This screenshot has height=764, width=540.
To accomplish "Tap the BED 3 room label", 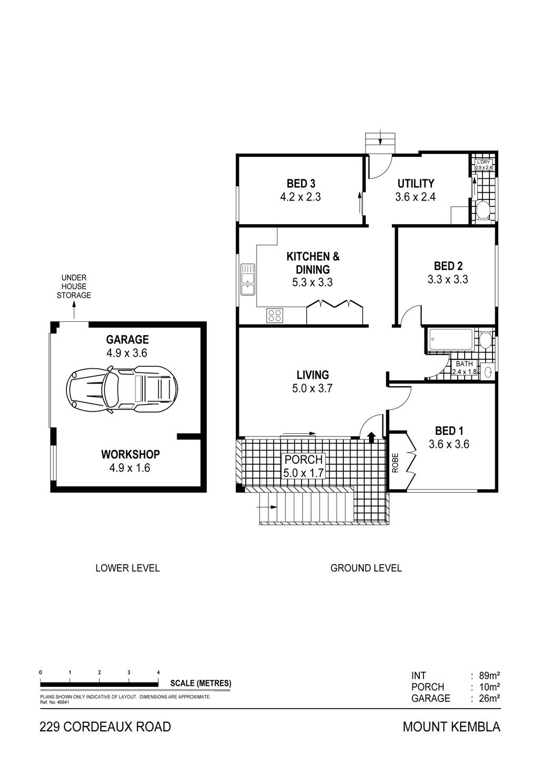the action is [x=301, y=184].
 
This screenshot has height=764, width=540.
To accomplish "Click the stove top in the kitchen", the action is [x=275, y=315].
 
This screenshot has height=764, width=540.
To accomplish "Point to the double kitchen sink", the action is [x=248, y=279].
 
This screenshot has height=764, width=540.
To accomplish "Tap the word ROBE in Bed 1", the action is [x=396, y=463].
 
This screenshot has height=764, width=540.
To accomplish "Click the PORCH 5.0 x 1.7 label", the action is [x=304, y=466].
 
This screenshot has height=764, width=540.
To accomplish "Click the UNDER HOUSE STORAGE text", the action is [x=74, y=286].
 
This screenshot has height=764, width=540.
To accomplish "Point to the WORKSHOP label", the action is [x=130, y=454].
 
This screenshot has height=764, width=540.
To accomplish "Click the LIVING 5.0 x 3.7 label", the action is [x=312, y=381].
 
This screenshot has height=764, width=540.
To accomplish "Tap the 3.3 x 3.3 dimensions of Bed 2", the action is [x=448, y=280].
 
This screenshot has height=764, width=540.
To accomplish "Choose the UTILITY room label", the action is [x=416, y=184].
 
